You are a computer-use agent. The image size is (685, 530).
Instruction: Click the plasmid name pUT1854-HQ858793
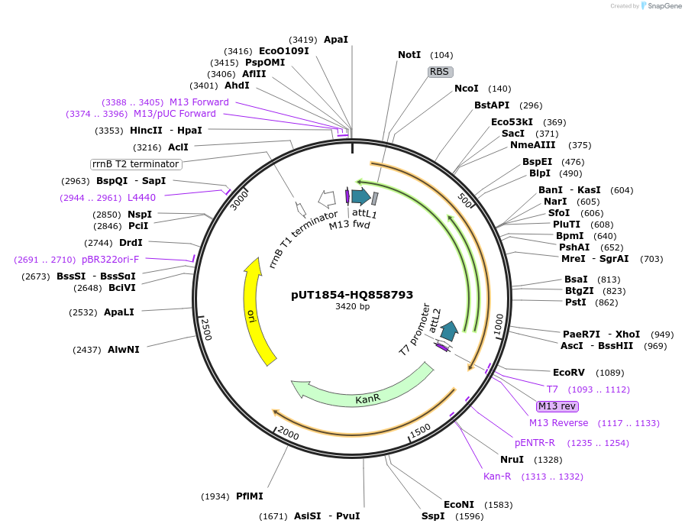(x=352, y=294)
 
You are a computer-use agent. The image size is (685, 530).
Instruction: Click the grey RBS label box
(x=440, y=72)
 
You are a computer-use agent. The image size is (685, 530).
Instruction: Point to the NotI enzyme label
(x=409, y=55)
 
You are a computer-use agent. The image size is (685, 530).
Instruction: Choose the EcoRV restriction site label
(x=568, y=373)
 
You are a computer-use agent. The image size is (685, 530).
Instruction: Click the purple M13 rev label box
(x=557, y=406)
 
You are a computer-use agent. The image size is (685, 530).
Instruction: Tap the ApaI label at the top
(x=336, y=39)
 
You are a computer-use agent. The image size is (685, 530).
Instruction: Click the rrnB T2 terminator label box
(x=136, y=164)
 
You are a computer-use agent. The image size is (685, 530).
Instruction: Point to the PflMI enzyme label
(x=250, y=496)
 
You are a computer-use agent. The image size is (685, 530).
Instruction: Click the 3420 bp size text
(x=352, y=307)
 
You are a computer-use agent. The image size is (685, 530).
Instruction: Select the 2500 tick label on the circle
(x=205, y=328)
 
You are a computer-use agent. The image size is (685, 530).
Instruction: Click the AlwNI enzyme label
(x=124, y=350)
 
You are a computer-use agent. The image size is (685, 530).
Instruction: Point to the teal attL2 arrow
(x=449, y=330)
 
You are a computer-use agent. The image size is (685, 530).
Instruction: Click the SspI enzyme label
(x=433, y=516)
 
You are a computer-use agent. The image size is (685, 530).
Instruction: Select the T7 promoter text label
(x=415, y=329)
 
